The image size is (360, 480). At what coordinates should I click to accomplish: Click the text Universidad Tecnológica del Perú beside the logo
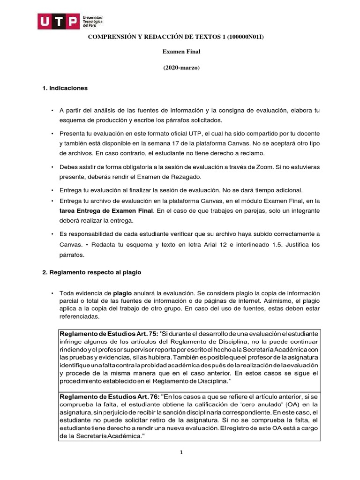(x=93, y=22)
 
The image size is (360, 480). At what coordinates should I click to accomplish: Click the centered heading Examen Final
(x=181, y=52)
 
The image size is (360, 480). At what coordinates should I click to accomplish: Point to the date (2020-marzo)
(x=181, y=67)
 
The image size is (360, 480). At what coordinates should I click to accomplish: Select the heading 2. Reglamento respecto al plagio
(x=91, y=272)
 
